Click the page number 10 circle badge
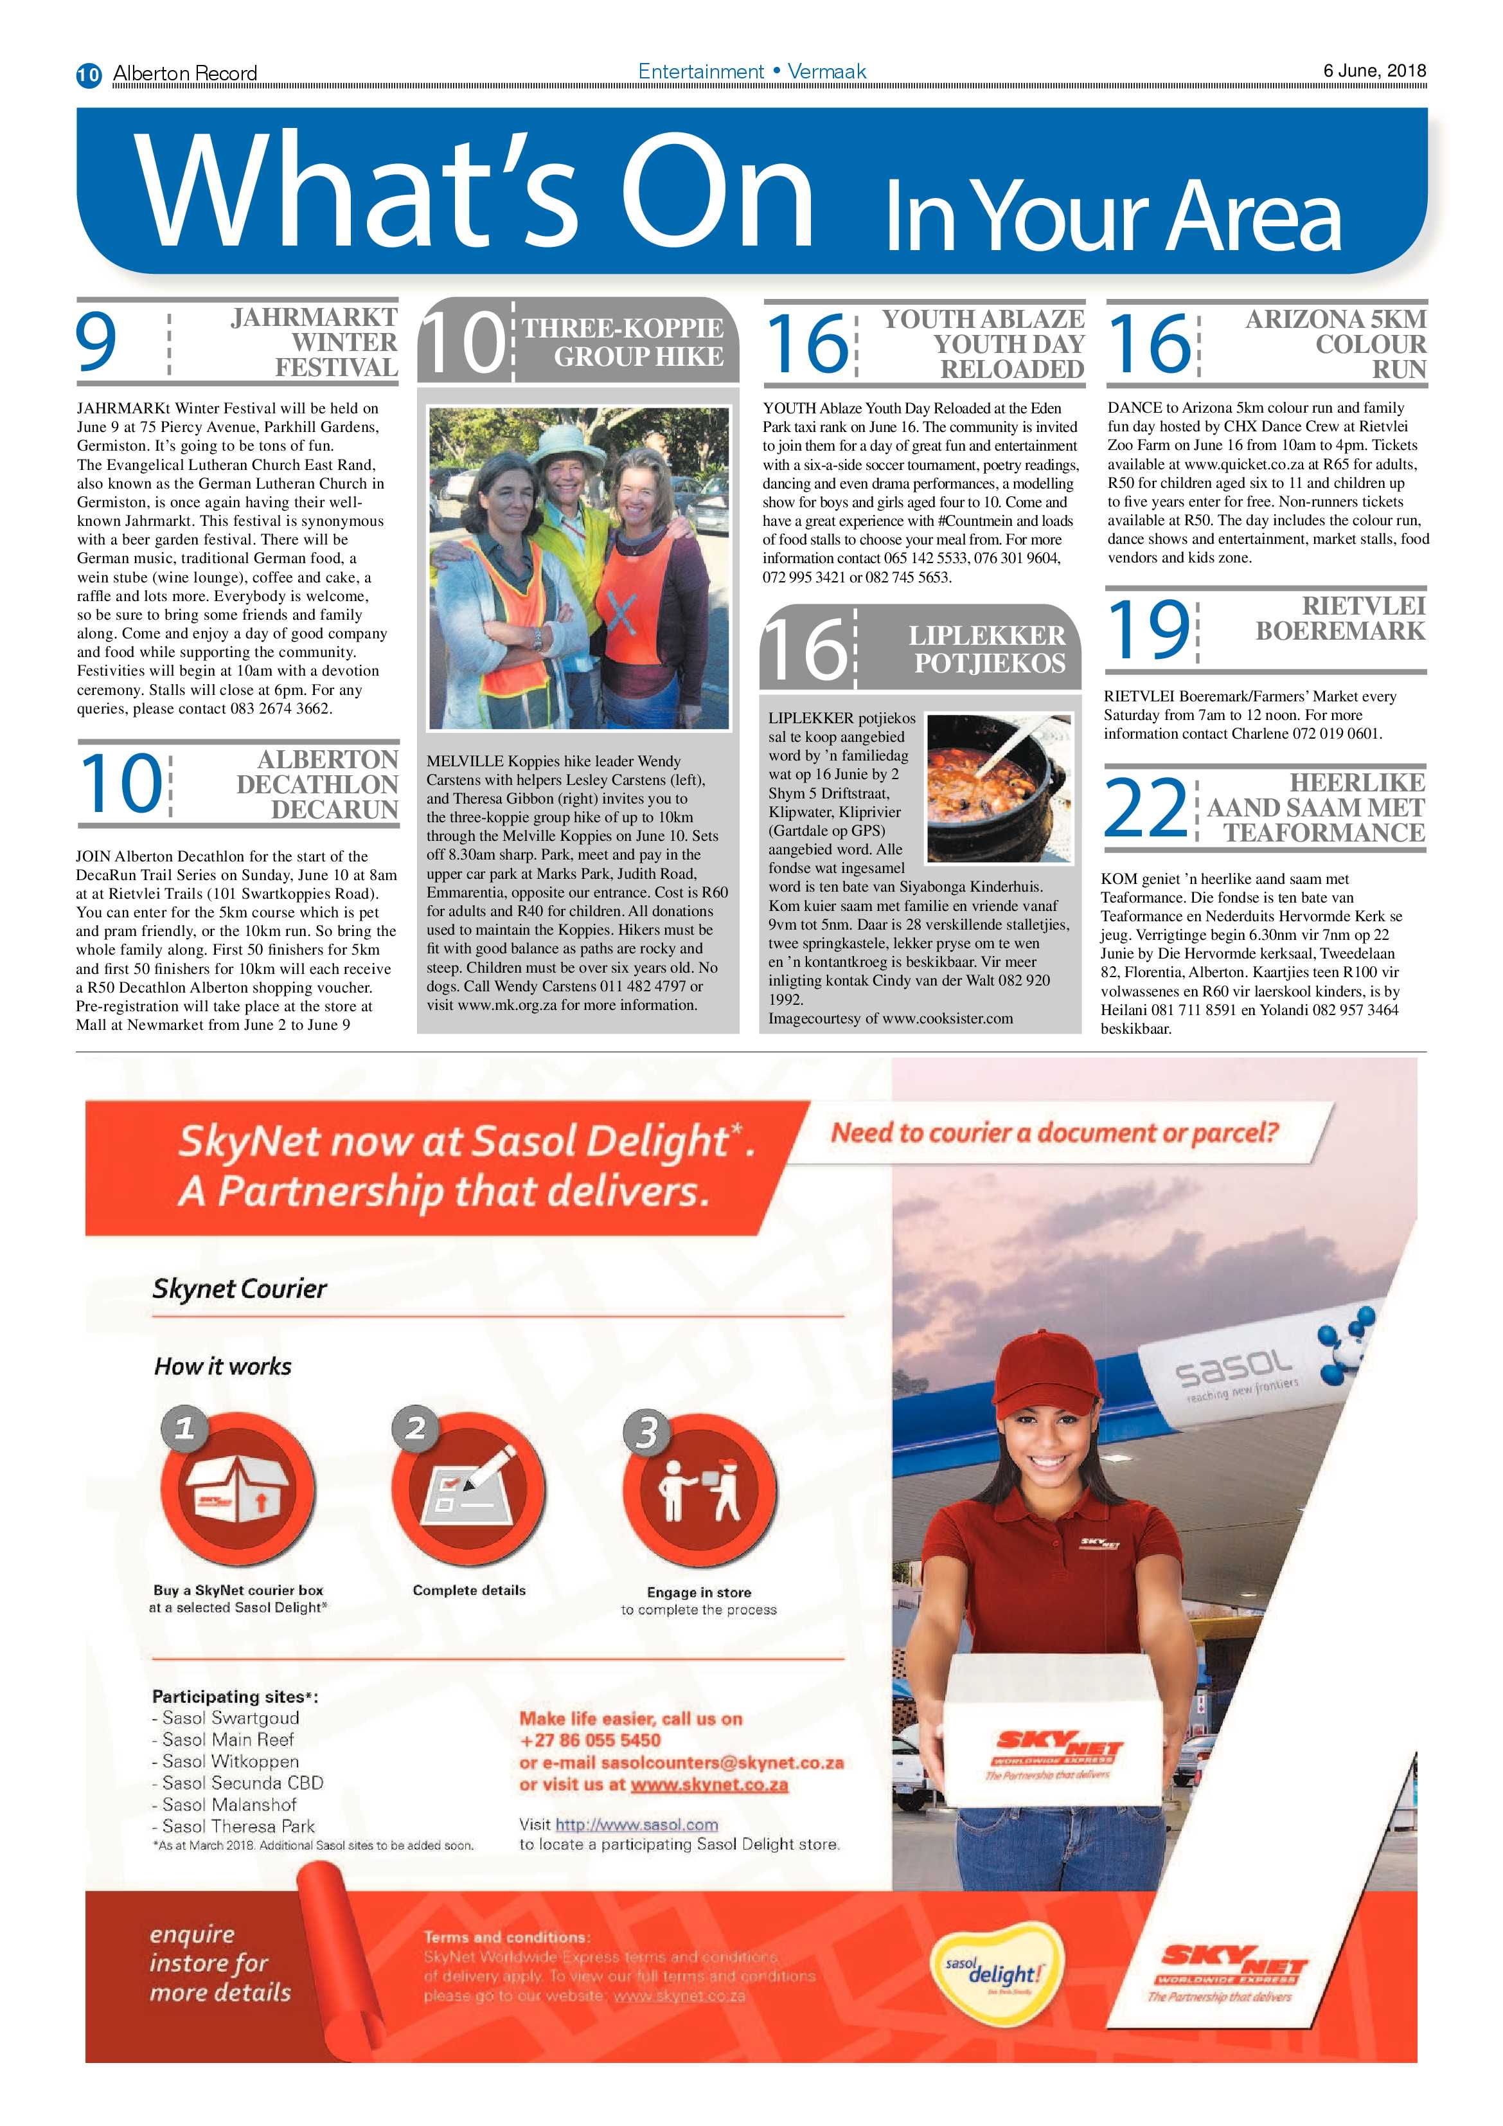pyautogui.click(x=89, y=74)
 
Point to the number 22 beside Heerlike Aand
pyautogui.click(x=1145, y=807)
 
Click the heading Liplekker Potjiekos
pyautogui.click(x=986, y=649)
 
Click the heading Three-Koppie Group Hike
pyautogui.click(x=623, y=341)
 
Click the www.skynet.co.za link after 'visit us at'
pyautogui.click(x=709, y=1785)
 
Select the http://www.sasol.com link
pyautogui.click(x=637, y=1824)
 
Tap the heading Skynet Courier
pyautogui.click(x=240, y=1288)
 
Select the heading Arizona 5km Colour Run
pyautogui.click(x=1335, y=343)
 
